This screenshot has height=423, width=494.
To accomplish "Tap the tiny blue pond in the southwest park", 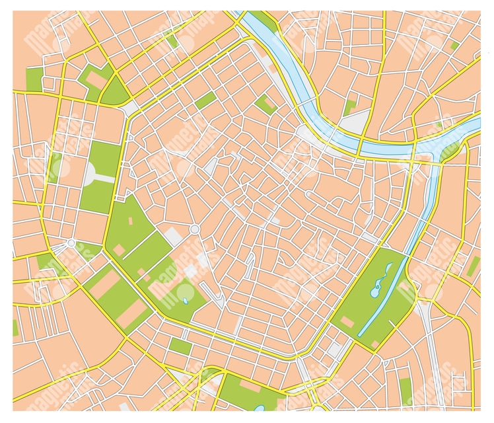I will (186, 301).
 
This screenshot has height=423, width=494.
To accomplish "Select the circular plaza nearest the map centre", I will (194, 229).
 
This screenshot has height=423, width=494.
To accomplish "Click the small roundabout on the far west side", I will (71, 243).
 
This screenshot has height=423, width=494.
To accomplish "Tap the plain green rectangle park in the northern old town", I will (205, 100).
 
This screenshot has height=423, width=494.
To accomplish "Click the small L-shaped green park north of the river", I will (351, 106).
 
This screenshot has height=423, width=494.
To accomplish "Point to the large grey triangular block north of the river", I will (354, 123).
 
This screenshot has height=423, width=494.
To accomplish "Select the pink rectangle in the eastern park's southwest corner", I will (347, 321).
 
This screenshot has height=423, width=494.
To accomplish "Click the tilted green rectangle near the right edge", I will (473, 267).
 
